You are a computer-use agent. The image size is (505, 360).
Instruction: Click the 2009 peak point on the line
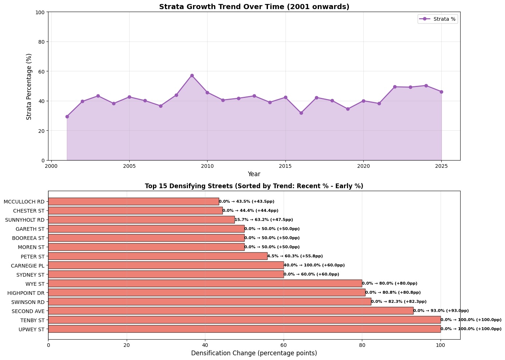click(x=192, y=75)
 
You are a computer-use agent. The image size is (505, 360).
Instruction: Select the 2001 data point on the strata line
click(x=67, y=116)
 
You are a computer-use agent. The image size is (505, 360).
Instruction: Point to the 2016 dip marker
click(x=301, y=113)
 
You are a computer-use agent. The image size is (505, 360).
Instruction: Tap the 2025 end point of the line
click(x=441, y=92)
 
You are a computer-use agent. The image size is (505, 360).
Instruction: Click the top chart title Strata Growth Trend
click(x=254, y=7)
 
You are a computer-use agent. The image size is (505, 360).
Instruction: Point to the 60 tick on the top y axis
click(x=40, y=71)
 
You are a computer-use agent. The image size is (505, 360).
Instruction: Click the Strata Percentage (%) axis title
click(x=29, y=86)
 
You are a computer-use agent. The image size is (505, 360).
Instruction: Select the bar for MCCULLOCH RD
click(x=133, y=201)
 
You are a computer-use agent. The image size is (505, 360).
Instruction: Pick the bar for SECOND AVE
click(x=230, y=311)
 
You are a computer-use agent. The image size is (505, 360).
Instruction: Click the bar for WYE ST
click(x=205, y=284)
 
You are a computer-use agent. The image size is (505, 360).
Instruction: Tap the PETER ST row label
click(x=32, y=256)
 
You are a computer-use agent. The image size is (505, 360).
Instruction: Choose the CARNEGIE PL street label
click(x=27, y=265)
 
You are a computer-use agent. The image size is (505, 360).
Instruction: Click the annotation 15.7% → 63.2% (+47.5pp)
click(x=264, y=220)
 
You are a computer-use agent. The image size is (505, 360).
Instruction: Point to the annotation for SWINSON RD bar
click(x=399, y=302)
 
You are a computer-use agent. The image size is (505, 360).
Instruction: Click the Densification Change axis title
click(x=254, y=353)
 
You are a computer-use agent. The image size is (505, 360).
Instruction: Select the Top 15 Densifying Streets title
click(x=254, y=186)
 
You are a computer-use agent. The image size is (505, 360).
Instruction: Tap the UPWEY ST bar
click(x=244, y=329)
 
